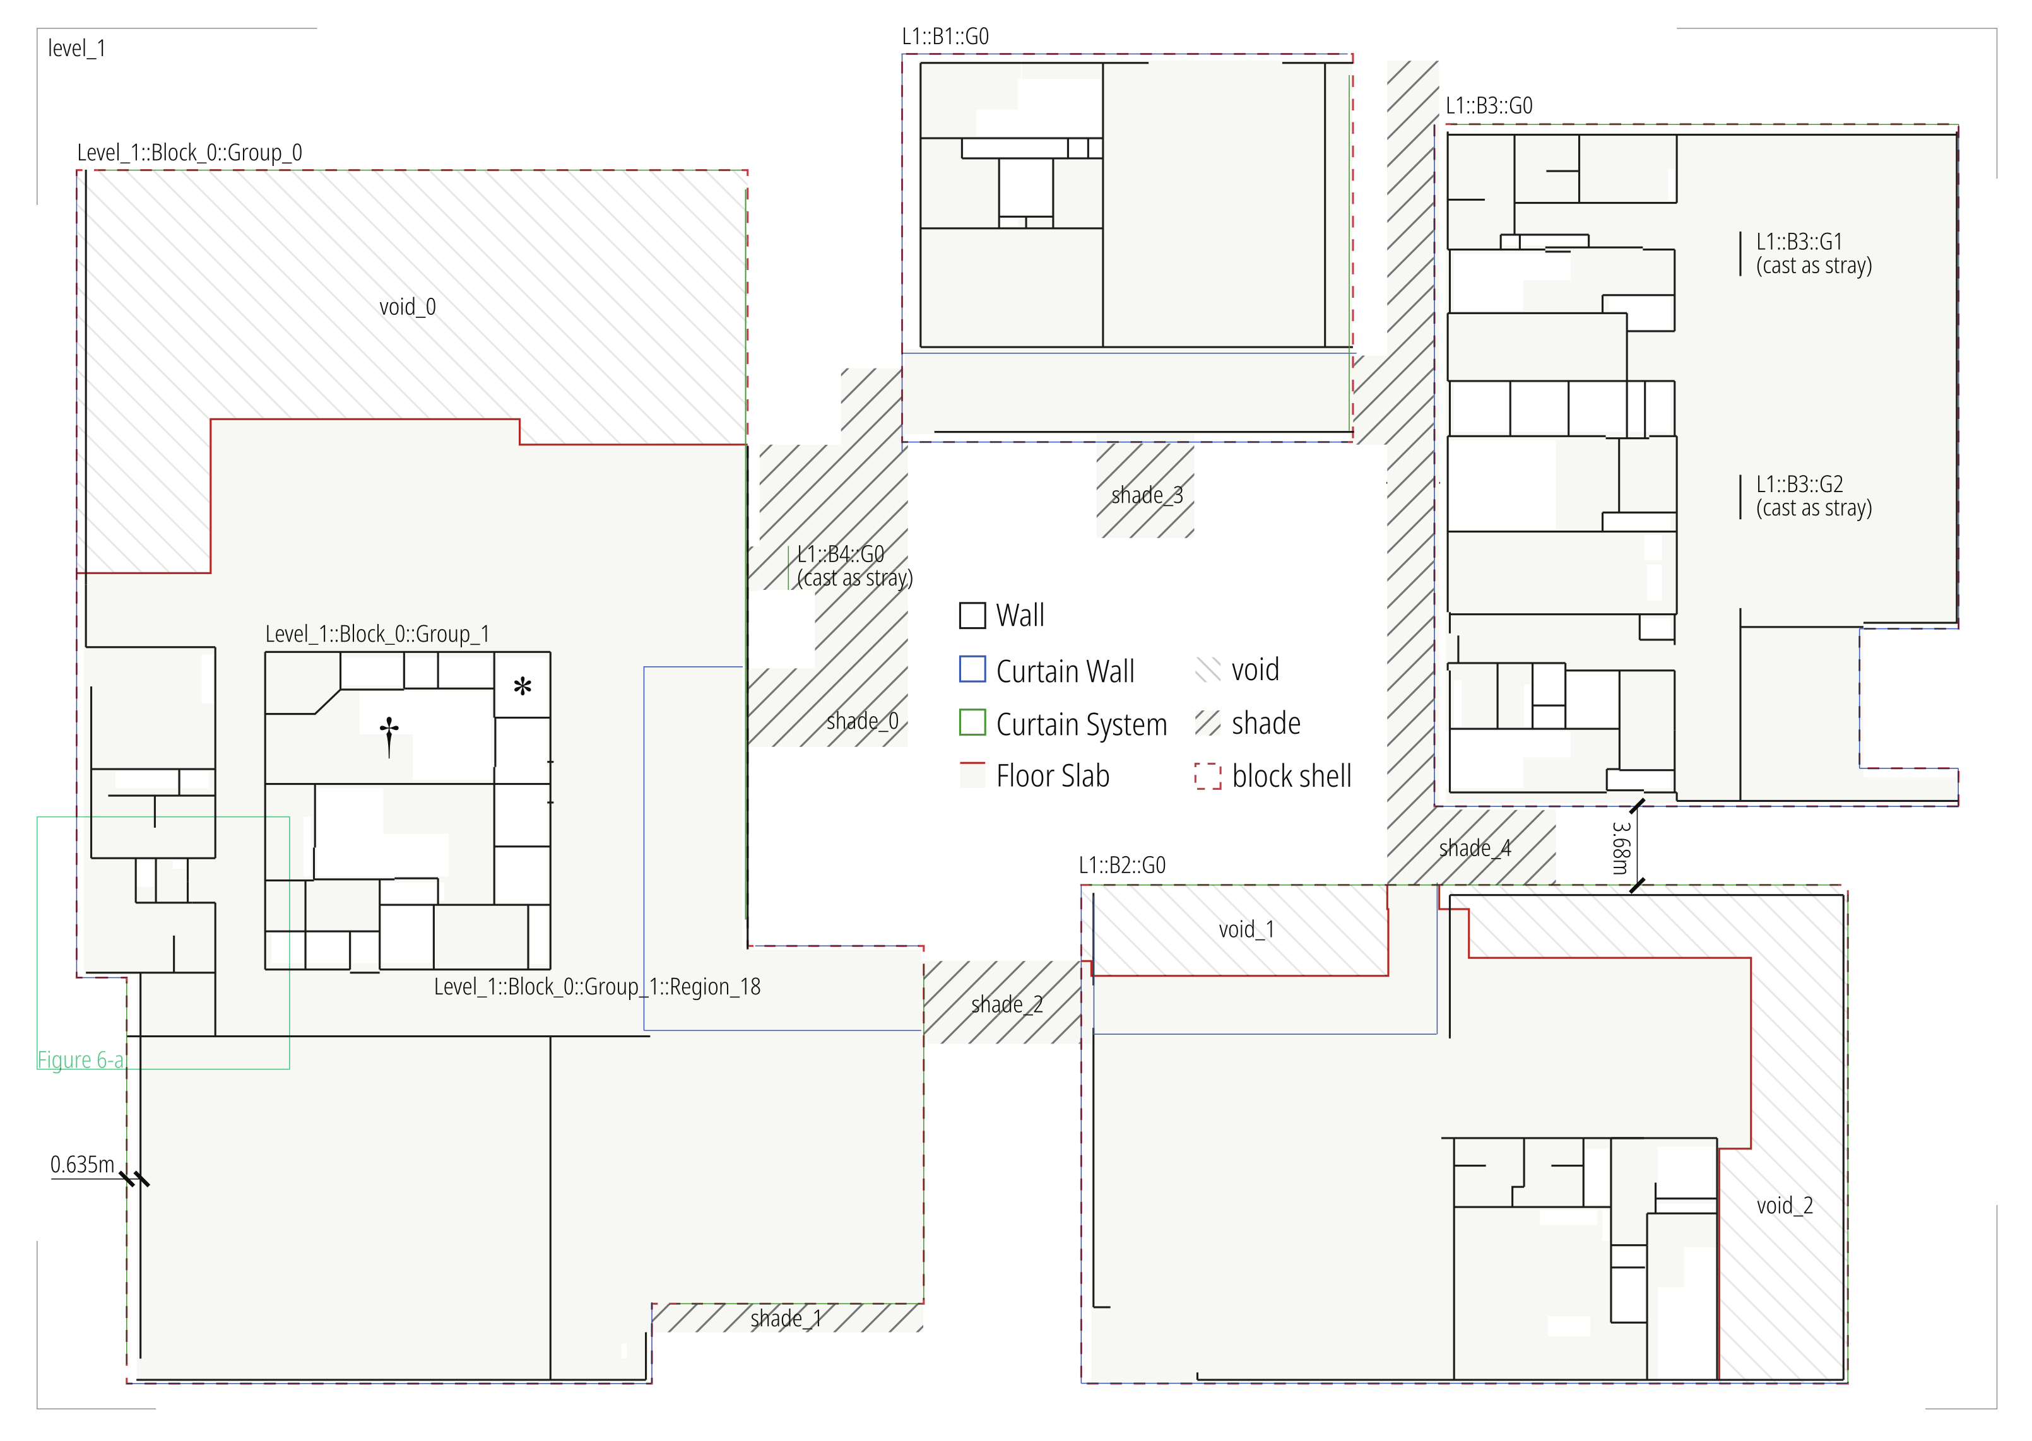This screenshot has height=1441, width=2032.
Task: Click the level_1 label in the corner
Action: (x=76, y=49)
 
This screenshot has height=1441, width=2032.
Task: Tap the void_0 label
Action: (x=407, y=307)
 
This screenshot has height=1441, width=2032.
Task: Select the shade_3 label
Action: (x=1147, y=495)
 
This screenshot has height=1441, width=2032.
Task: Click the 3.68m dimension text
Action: (x=1621, y=847)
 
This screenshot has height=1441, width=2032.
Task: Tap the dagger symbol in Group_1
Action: (x=389, y=735)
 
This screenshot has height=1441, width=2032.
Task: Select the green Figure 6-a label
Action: (x=80, y=1059)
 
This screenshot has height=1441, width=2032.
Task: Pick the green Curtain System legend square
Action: (x=972, y=723)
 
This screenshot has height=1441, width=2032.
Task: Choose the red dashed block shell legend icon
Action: (x=1208, y=777)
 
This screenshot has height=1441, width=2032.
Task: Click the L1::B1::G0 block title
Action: (x=945, y=37)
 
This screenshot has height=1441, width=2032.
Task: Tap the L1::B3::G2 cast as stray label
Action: (x=1813, y=496)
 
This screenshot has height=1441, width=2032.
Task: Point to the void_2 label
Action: (x=1785, y=1205)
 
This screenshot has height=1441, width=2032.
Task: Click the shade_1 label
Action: (x=786, y=1319)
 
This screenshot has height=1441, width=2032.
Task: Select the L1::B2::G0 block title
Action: (x=1121, y=865)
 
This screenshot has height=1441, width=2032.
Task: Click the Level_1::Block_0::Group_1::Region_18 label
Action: (x=596, y=987)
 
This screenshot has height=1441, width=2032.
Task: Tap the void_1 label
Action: (x=1246, y=929)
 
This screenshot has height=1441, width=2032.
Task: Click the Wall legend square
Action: (x=972, y=616)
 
